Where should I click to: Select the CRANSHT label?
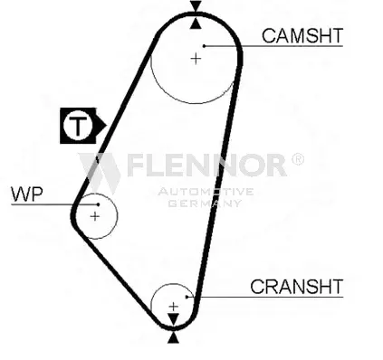pos(296,287)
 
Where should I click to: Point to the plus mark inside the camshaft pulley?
pos(196,58)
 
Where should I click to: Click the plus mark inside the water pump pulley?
pos(94,217)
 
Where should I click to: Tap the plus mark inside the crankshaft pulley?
pos(174,307)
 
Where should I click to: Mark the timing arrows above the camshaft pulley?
pos(196,15)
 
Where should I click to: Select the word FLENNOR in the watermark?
pos(206,165)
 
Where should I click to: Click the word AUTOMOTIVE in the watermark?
pos(206,192)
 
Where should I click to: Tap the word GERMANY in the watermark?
pos(206,203)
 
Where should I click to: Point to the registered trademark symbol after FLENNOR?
pos(298,159)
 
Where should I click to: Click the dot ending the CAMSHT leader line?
pos(206,46)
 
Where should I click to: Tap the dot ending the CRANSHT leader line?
pos(187,298)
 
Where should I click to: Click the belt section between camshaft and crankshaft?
pos(221,181)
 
